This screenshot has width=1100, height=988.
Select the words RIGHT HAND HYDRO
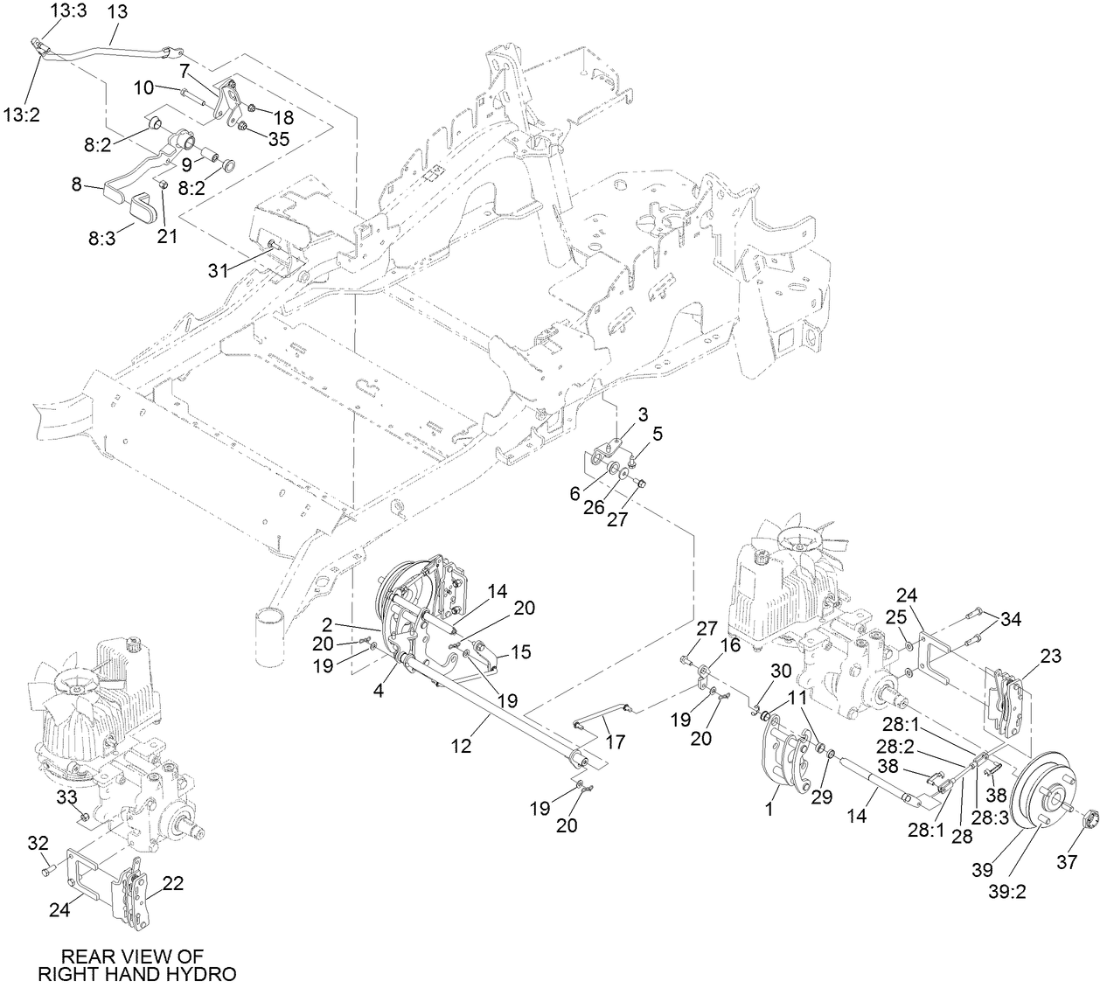click(137, 973)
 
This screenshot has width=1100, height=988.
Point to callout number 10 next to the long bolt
click(144, 87)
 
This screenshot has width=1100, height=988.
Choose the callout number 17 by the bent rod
click(616, 742)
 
